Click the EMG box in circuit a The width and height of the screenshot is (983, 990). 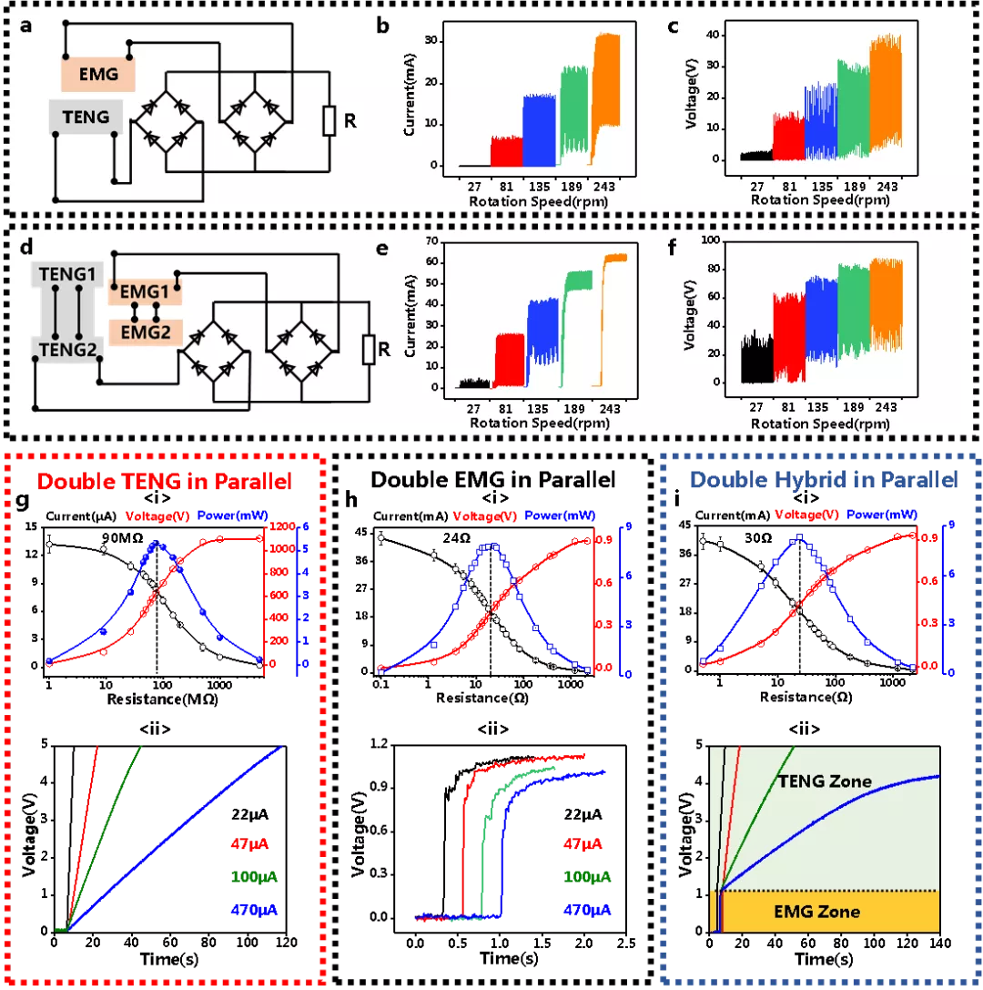(x=98, y=74)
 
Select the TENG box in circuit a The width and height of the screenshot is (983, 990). (x=86, y=117)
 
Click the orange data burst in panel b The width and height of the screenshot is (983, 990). (x=606, y=91)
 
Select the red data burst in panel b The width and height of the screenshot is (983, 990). (x=507, y=151)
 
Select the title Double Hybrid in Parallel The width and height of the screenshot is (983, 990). (x=823, y=480)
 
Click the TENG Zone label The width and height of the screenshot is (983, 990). (x=824, y=781)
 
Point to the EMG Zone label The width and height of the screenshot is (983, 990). (x=816, y=911)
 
